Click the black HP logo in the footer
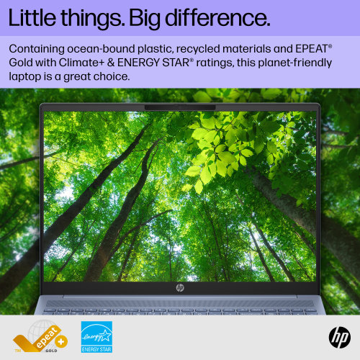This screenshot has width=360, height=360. [338, 336]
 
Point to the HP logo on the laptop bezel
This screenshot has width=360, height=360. [180, 287]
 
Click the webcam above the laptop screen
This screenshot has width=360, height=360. [180, 107]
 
